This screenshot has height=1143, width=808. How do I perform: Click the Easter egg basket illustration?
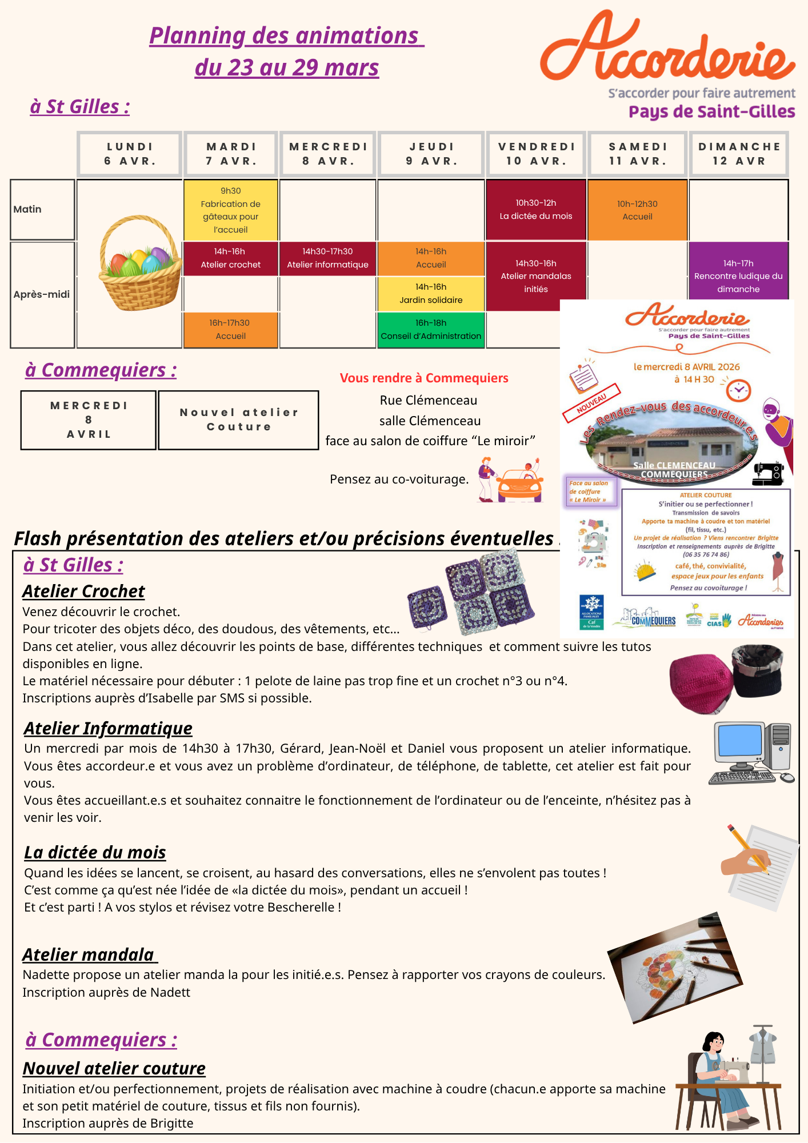140,263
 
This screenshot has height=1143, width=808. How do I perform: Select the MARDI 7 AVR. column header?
231,154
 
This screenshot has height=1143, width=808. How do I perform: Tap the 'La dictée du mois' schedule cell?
535,210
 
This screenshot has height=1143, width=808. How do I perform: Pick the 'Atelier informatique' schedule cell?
327,258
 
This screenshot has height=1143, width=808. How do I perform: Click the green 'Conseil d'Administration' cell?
431,330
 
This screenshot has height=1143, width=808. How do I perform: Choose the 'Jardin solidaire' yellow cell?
431,294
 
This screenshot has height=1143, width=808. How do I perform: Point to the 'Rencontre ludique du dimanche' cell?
738,276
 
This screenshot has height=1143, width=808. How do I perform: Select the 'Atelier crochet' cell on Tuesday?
230,258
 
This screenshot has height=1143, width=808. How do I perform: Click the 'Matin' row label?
42,209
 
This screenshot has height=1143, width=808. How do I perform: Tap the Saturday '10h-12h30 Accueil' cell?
637,210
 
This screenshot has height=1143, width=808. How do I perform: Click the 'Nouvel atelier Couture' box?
238,420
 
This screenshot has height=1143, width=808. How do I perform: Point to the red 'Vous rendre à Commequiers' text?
424,378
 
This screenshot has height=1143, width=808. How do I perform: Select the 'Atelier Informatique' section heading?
108,728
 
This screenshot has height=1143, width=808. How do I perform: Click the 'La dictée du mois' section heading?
95,852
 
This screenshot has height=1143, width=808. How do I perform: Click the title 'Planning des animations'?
286,36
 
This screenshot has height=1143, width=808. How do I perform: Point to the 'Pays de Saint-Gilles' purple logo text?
711,111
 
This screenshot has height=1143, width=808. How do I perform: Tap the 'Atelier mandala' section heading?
89,954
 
